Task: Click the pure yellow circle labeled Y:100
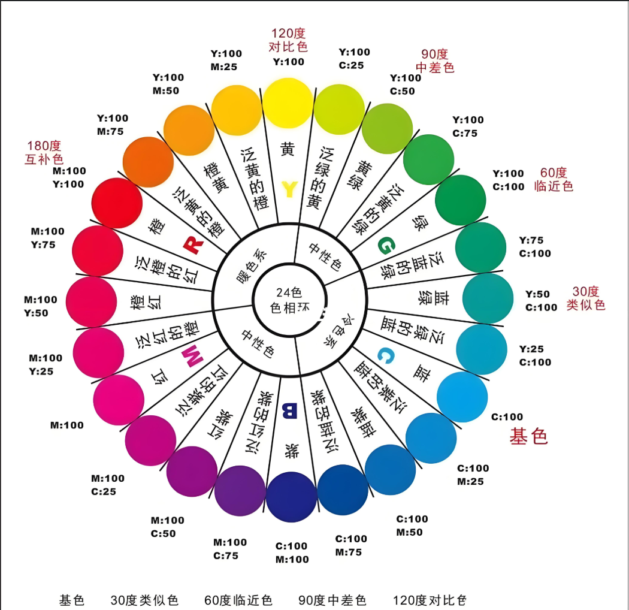(289, 102)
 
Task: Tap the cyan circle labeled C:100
(462, 397)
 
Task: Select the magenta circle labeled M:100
(119, 400)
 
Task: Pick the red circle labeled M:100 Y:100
(118, 203)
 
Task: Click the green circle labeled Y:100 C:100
(460, 200)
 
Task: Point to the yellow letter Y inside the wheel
(289, 189)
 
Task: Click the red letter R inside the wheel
(193, 245)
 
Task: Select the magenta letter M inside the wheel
(193, 358)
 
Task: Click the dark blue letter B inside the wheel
(289, 410)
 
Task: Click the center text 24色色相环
(289, 300)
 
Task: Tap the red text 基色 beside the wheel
(528, 436)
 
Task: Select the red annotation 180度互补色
(44, 152)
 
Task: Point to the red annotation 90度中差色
(434, 61)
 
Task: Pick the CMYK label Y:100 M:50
(168, 84)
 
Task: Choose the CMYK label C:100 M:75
(351, 545)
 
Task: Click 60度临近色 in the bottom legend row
(238, 600)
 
